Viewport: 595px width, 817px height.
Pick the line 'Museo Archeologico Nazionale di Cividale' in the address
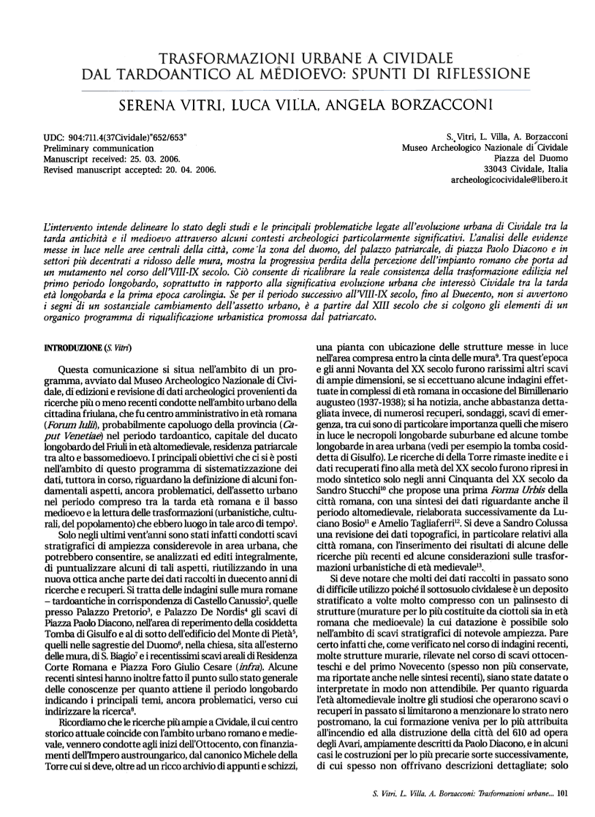click(486, 148)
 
